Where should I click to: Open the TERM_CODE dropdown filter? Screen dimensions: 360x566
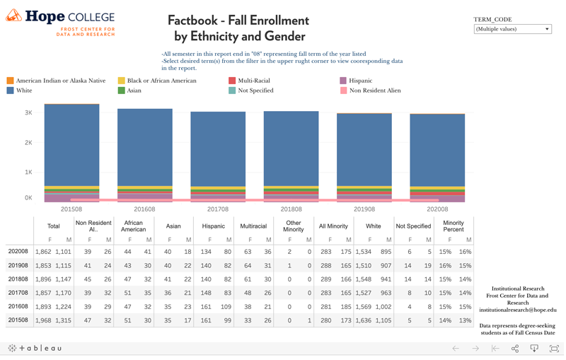pos(513,29)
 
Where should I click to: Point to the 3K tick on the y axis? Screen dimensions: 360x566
pos(28,113)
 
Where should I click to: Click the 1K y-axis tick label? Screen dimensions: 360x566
pos(28,173)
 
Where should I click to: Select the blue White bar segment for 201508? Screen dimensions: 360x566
pos(71,145)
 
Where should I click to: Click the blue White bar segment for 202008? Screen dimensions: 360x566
pos(437,150)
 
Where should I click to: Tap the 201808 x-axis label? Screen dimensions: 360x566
pos(291,209)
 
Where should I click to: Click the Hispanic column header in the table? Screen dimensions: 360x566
pos(213,226)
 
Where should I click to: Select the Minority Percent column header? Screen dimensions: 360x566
pos(453,226)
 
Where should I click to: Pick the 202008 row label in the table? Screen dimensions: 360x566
pos(18,252)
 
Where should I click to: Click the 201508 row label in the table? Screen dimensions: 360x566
pos(18,320)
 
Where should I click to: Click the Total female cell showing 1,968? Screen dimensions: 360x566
pos(44,320)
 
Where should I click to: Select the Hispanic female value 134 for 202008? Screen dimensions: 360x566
pos(206,252)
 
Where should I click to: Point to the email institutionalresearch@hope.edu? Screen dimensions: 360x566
pos(518,310)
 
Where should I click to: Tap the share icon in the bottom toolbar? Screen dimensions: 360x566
pos(514,349)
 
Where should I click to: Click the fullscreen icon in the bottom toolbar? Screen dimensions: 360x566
pos(554,349)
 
